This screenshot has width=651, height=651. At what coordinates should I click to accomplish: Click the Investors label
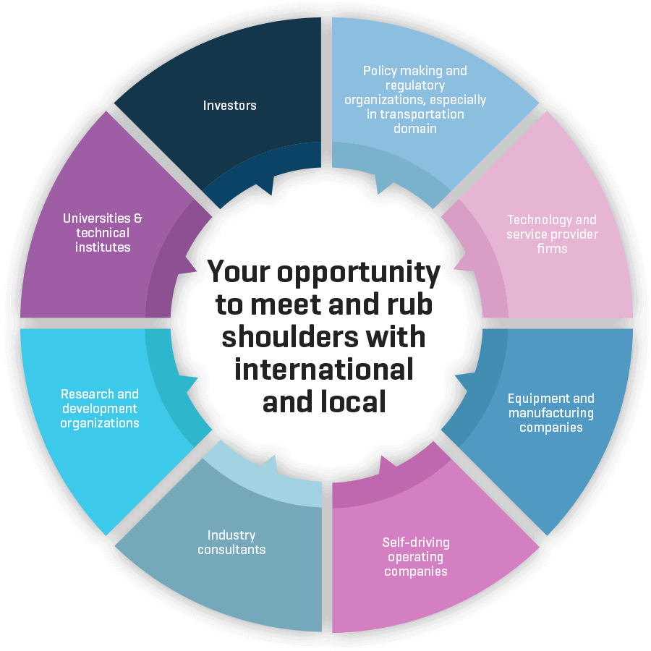click(229, 106)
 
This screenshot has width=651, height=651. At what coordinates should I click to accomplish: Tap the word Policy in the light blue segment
click(380, 71)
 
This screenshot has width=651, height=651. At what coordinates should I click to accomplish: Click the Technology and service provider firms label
click(552, 234)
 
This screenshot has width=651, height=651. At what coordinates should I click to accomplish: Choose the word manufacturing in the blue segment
click(551, 413)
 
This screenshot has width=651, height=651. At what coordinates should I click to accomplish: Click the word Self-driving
click(416, 542)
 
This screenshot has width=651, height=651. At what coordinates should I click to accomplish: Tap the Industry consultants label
click(231, 542)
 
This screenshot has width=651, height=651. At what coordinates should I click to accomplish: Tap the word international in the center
click(324, 370)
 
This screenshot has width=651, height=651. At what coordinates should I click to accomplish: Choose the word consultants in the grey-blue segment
click(231, 550)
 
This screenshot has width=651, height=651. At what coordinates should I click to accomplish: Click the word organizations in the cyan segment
click(99, 423)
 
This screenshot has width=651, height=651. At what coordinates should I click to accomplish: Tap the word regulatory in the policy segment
click(414, 85)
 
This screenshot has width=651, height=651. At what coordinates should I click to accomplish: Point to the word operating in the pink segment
click(415, 557)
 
